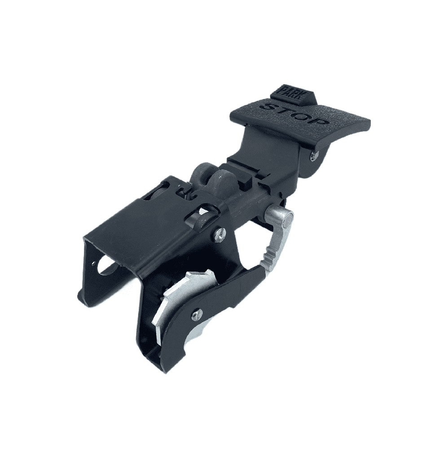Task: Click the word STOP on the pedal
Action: point(297,115)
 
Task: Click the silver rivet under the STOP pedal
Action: point(315,155)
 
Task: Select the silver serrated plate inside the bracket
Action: point(177,298)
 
